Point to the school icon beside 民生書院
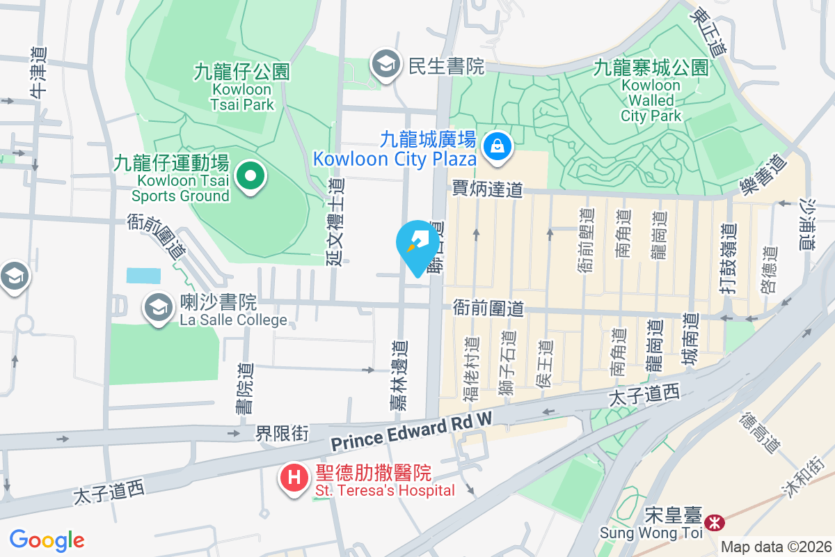point(383,65)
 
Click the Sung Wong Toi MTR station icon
point(713,522)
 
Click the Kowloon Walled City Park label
point(651,91)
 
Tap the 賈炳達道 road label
point(487,189)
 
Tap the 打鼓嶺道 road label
point(728,259)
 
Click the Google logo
point(47,540)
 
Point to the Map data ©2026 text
point(776,547)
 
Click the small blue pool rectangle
point(143,275)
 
